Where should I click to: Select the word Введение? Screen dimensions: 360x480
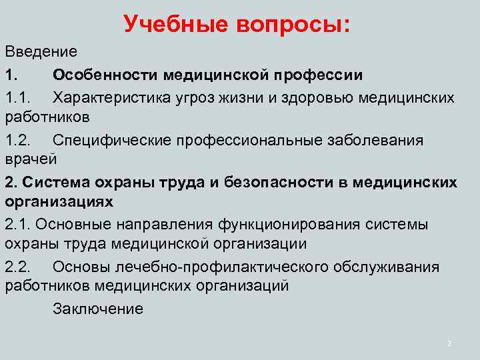(41, 51)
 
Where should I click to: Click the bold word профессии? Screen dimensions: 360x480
(322, 74)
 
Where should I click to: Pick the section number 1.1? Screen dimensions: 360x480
(18, 98)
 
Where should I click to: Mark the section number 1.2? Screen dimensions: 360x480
(18, 140)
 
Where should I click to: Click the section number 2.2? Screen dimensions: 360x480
(18, 267)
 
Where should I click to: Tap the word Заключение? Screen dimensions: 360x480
(97, 309)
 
